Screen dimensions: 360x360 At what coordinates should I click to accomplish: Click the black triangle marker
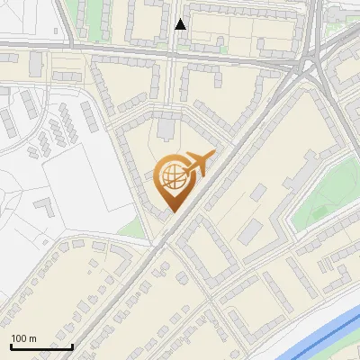(181, 24)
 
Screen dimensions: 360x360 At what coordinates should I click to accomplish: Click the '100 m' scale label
(23, 338)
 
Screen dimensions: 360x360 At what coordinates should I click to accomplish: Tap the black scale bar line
(41, 346)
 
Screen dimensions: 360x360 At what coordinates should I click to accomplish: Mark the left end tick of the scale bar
(11, 345)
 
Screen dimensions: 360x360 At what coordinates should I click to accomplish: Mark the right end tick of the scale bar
(73, 345)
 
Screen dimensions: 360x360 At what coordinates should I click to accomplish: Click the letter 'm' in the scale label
(31, 338)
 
